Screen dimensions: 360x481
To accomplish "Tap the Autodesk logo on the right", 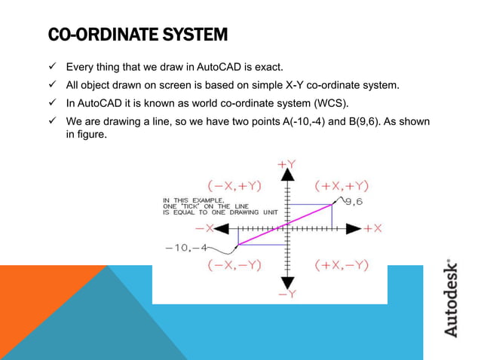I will pyautogui.click(x=450, y=298).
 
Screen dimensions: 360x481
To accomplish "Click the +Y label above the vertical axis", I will pyautogui.click(x=286, y=163).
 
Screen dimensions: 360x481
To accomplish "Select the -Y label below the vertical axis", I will pyautogui.click(x=286, y=294).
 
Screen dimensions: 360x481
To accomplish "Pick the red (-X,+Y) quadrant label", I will pyautogui.click(x=234, y=185).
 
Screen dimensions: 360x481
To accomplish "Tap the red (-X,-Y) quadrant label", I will pyautogui.click(x=234, y=265).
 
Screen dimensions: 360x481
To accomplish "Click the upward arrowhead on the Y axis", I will pyautogui.click(x=286, y=175).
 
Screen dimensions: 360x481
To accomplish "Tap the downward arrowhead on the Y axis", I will pyautogui.click(x=286, y=280).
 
